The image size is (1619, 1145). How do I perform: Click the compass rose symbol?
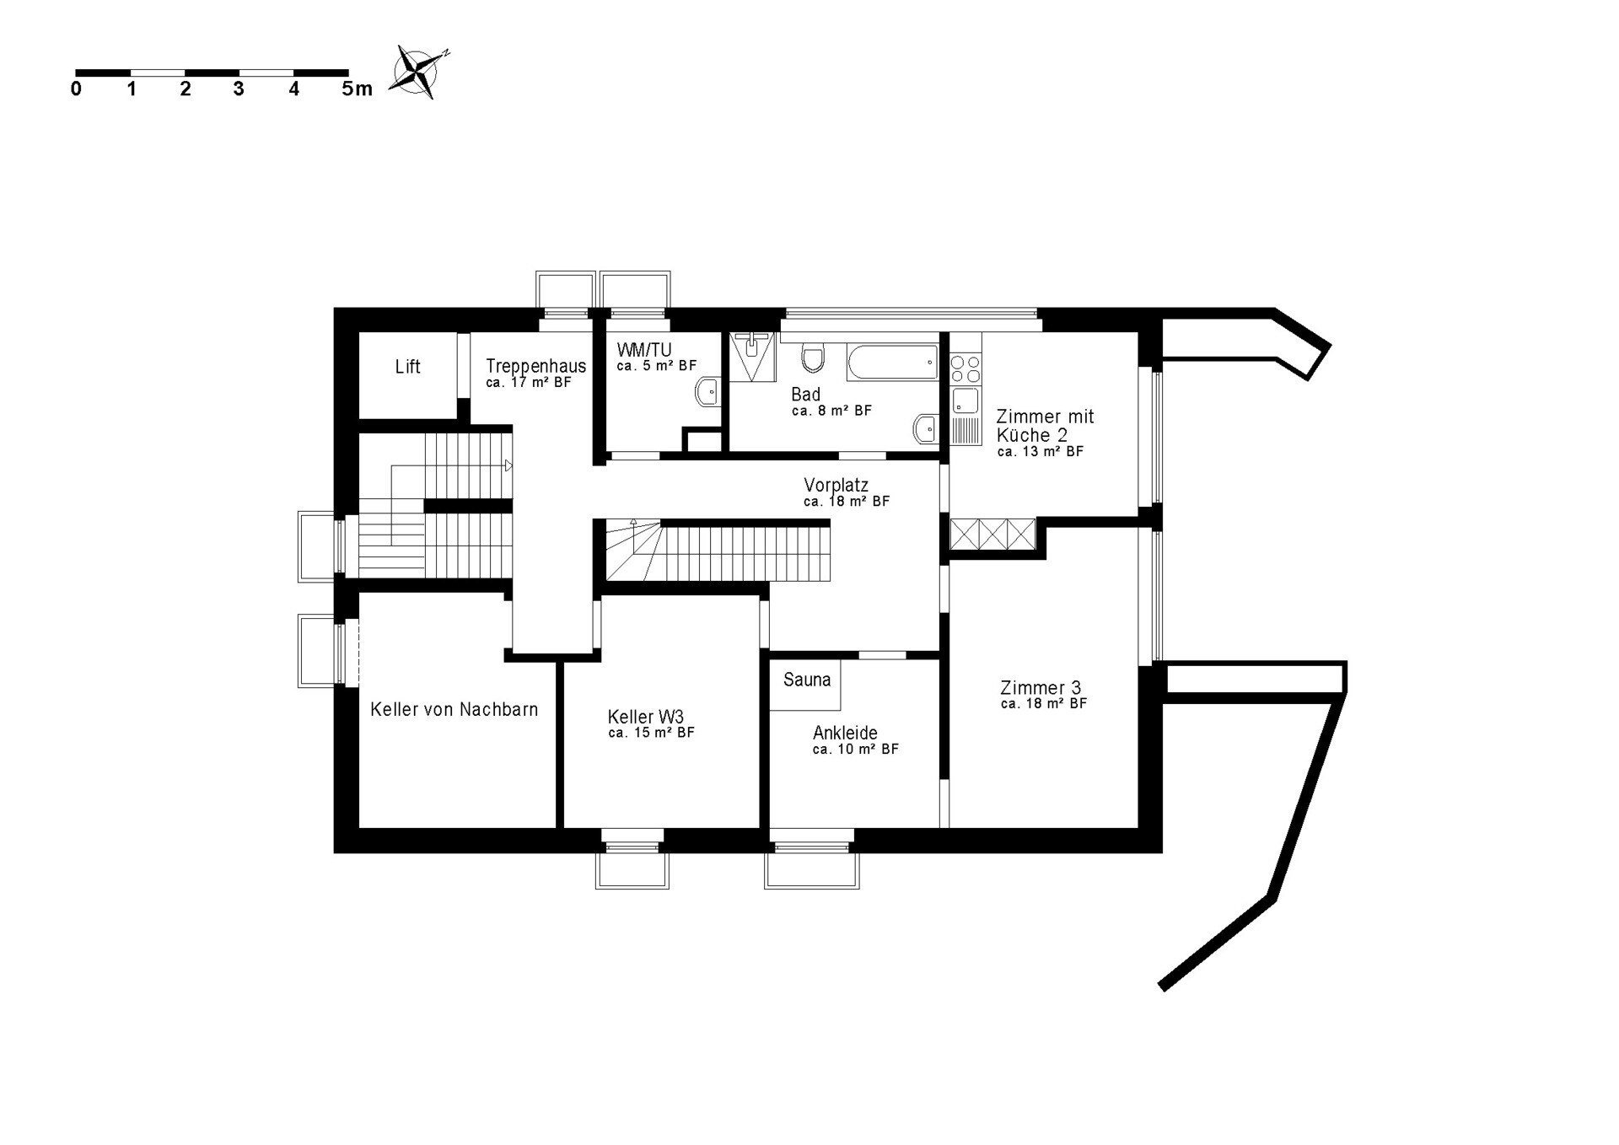[417, 72]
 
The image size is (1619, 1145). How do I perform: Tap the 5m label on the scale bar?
[357, 89]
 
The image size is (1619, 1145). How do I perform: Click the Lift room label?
[407, 367]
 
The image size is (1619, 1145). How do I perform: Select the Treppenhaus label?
[535, 367]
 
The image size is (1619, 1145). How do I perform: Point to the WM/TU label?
[643, 350]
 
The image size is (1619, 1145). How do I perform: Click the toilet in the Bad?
[813, 358]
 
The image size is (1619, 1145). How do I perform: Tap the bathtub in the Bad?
[892, 362]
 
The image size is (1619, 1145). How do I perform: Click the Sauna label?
[807, 680]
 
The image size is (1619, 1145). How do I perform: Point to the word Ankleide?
[845, 733]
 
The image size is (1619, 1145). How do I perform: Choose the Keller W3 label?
[645, 717]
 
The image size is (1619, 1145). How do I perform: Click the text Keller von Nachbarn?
[454, 710]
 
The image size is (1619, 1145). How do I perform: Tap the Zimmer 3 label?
[1041, 688]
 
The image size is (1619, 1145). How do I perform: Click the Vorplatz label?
[836, 485]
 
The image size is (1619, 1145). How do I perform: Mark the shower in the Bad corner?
[752, 357]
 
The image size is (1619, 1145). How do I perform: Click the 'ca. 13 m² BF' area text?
[1041, 452]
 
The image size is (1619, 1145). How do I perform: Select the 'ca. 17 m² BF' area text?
[529, 383]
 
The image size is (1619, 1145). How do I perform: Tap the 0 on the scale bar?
[77, 89]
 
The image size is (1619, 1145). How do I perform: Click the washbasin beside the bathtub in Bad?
[926, 428]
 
